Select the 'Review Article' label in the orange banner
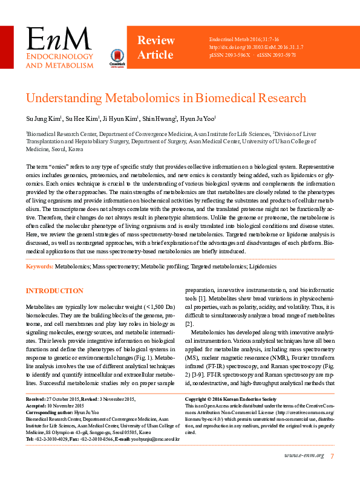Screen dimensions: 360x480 155,48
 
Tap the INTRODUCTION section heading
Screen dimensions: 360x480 54,291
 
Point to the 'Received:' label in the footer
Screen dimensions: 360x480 37,400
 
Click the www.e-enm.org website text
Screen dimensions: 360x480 304,455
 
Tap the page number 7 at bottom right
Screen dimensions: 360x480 332,455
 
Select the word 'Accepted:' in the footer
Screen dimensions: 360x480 36,406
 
